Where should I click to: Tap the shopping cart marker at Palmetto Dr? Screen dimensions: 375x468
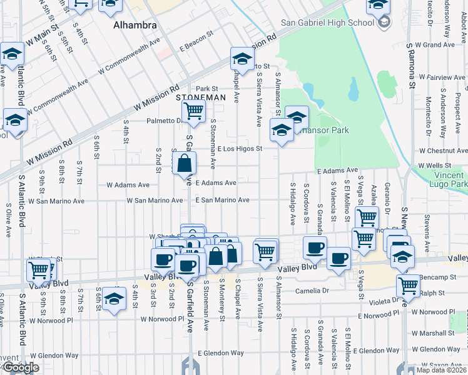point(194,111)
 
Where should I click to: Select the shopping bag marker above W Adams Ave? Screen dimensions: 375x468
point(185,164)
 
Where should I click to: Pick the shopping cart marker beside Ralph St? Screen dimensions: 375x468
point(408,286)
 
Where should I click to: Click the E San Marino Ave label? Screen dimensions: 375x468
point(222,200)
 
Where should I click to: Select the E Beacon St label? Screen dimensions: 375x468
point(197,47)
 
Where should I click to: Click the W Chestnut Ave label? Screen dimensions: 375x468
point(443,151)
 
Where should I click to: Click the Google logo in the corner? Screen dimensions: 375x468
point(20,367)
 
